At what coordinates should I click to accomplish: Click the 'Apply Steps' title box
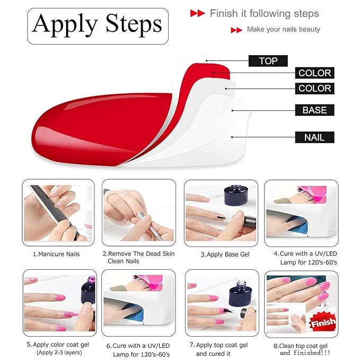pos(98,25)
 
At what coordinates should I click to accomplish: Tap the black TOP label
pos(268,61)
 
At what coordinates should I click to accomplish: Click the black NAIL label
pos(314,138)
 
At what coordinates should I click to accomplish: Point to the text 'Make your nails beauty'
pos(283,30)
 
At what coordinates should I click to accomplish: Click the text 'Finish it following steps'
pos(264,13)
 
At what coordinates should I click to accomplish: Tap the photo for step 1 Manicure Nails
pos(58,212)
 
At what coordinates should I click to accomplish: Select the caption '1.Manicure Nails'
pos(56,254)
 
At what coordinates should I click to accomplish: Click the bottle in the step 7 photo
pos(235,297)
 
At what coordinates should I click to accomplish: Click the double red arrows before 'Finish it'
pos(197,14)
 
